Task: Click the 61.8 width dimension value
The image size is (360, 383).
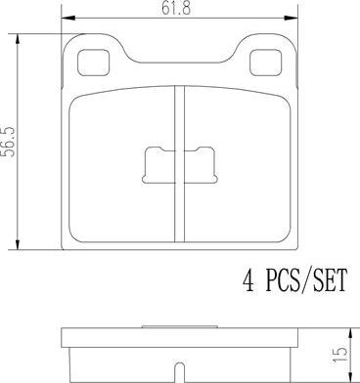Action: pyautogui.click(x=176, y=9)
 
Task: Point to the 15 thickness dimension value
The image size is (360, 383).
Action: pyautogui.click(x=341, y=354)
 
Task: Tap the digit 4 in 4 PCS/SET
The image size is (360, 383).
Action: pyautogui.click(x=248, y=280)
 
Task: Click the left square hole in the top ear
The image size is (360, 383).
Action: pyautogui.click(x=93, y=63)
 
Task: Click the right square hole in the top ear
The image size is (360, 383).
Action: pyautogui.click(x=265, y=63)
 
